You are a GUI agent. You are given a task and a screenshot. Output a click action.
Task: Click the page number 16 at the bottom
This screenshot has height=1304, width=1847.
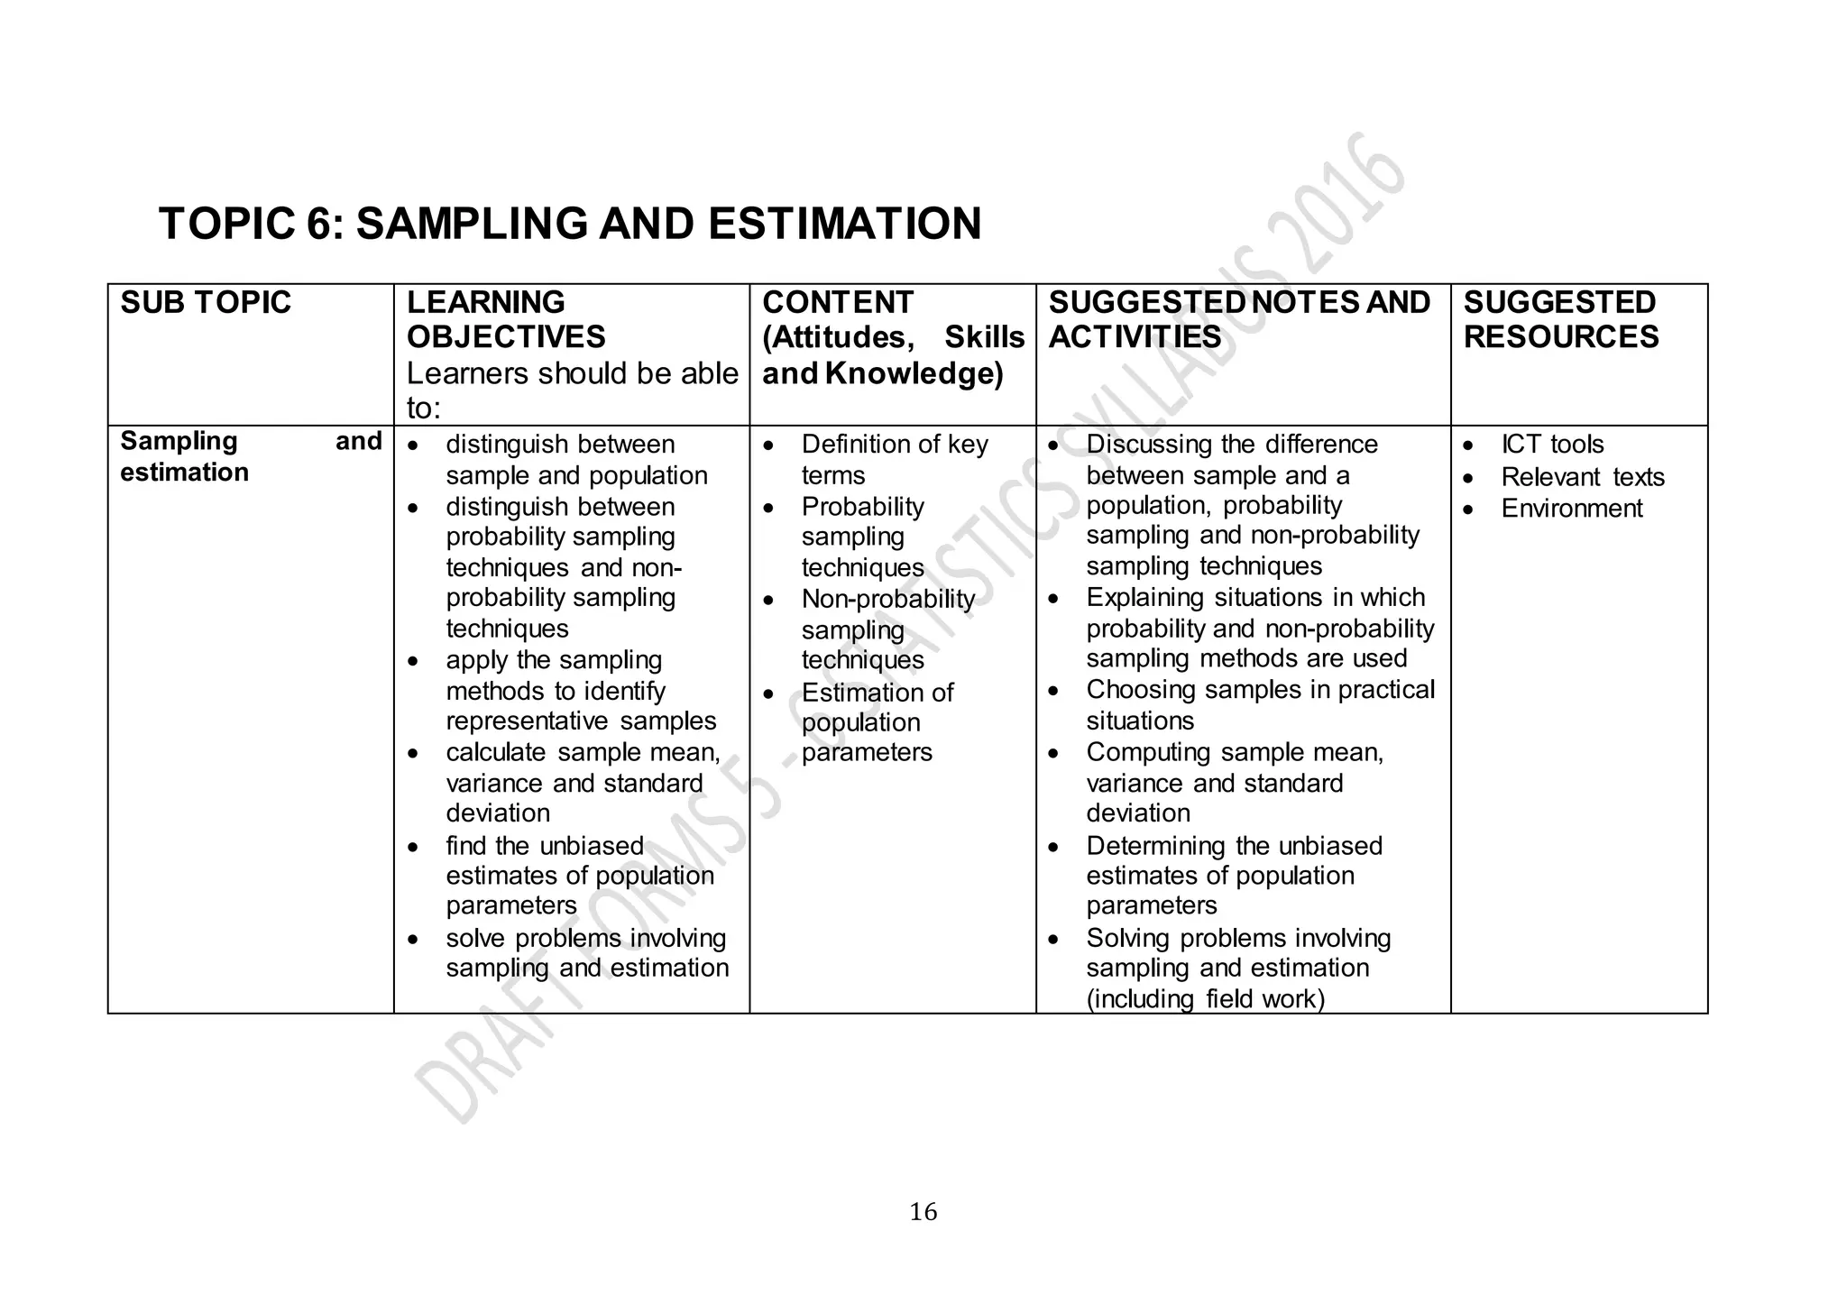923,1212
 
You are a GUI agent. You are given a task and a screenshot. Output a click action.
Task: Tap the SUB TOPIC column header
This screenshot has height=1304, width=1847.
206,302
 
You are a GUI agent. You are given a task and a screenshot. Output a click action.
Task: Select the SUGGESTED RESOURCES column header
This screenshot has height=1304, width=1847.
1560,319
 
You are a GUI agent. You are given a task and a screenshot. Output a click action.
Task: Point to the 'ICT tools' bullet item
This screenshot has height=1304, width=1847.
1552,445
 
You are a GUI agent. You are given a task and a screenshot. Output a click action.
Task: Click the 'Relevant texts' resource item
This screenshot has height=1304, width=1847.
1583,477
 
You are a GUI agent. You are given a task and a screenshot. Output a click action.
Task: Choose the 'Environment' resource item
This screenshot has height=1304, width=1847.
1572,509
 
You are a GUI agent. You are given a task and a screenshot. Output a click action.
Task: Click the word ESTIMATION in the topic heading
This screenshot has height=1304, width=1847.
844,224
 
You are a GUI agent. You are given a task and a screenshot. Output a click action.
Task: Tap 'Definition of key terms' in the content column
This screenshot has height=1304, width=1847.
894,459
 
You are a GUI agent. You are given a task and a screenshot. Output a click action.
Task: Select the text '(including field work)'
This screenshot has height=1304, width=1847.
1205,999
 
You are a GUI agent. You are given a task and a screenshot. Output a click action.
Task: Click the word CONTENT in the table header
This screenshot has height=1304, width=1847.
837,302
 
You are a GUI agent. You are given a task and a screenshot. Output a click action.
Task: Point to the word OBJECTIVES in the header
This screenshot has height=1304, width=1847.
506,337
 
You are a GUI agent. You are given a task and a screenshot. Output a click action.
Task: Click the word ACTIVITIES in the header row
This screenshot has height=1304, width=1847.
1135,337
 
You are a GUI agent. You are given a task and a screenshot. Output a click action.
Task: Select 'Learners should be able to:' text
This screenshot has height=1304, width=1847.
572,390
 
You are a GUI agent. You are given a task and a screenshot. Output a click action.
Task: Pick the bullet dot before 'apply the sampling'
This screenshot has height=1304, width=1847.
413,661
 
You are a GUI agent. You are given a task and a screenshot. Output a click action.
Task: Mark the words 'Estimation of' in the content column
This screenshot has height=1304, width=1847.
877,693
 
